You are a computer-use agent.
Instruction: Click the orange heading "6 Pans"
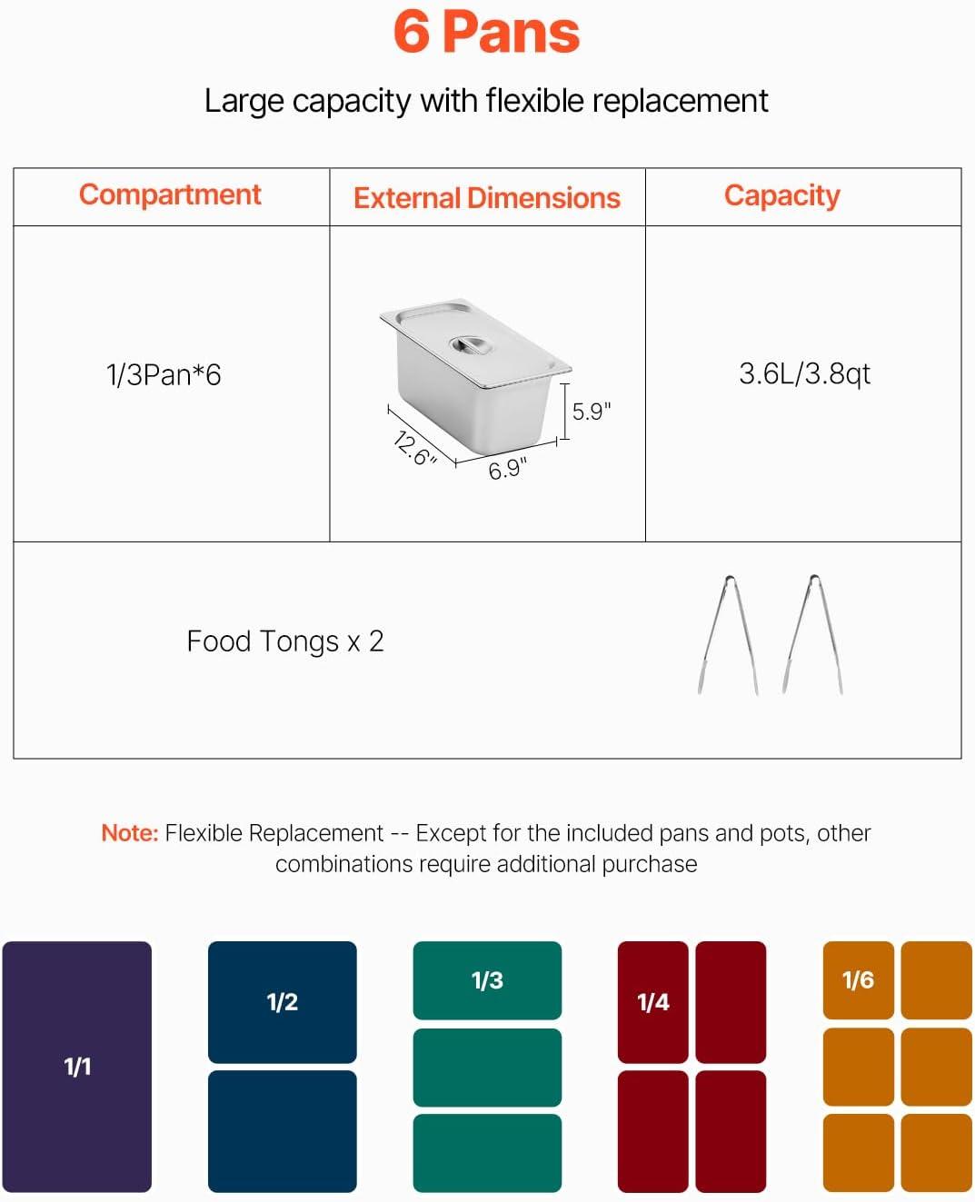point(486,33)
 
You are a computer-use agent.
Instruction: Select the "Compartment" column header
point(170,195)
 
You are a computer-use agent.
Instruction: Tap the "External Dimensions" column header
point(487,198)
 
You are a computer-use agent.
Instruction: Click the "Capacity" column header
point(782,196)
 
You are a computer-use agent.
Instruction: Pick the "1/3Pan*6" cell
point(164,374)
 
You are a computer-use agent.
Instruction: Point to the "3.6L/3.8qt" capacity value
point(805,373)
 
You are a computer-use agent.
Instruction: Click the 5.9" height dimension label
point(592,412)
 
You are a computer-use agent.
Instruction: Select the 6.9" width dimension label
point(507,469)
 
